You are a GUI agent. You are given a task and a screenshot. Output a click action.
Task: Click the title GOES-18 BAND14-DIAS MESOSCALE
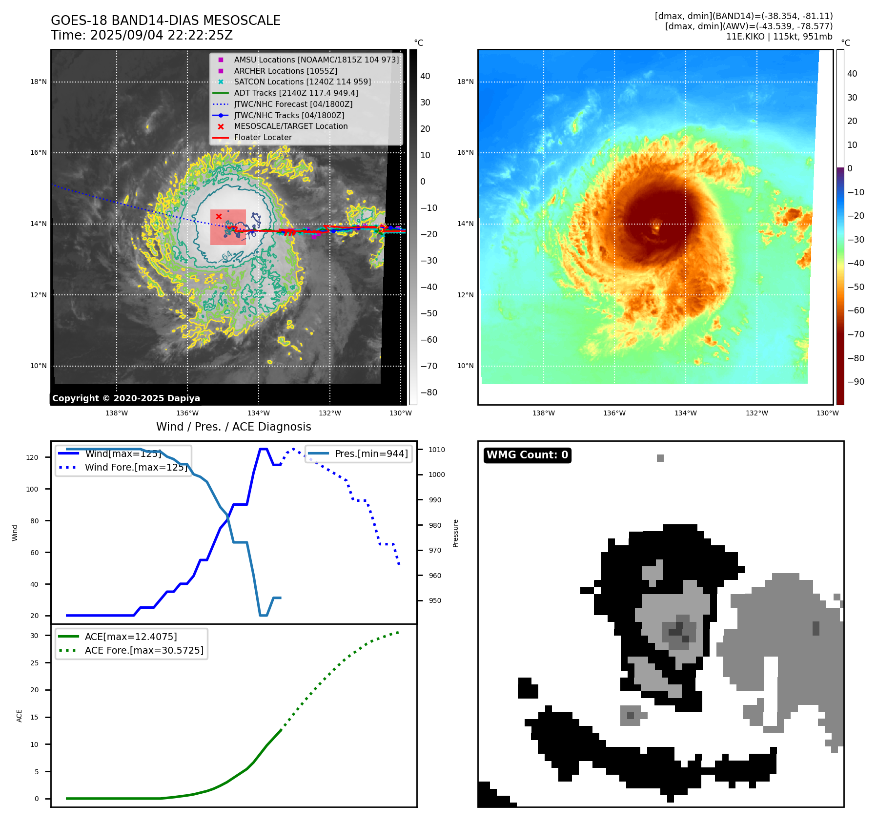pos(165,21)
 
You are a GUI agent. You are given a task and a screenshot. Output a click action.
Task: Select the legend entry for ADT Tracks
pos(296,93)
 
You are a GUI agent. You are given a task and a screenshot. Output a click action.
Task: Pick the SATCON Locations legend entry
pos(302,82)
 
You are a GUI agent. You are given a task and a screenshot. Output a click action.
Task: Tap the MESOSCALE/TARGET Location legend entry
pos(290,126)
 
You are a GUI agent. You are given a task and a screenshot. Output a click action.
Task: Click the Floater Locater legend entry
pos(263,137)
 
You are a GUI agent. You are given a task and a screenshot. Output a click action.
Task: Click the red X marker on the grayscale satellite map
pos(219,216)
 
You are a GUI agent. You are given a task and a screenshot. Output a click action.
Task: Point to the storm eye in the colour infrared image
pos(656,227)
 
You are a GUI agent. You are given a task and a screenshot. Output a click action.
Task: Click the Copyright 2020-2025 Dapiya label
pos(126,398)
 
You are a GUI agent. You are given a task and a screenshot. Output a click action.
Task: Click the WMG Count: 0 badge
pos(527,455)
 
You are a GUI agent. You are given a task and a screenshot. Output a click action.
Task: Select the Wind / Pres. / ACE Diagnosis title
pos(233,427)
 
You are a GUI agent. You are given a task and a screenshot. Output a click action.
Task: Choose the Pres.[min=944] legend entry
pos(371,454)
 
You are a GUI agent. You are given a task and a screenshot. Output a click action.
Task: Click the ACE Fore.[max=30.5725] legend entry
pos(144,650)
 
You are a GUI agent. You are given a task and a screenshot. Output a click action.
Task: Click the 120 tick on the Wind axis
pos(32,457)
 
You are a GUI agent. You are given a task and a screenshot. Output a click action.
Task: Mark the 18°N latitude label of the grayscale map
pos(39,82)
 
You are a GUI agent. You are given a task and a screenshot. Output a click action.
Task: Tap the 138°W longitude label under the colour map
pos(543,413)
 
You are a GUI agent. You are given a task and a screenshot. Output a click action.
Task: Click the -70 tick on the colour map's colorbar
pos(856,334)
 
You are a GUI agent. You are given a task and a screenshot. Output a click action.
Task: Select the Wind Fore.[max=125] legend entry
pos(136,467)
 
